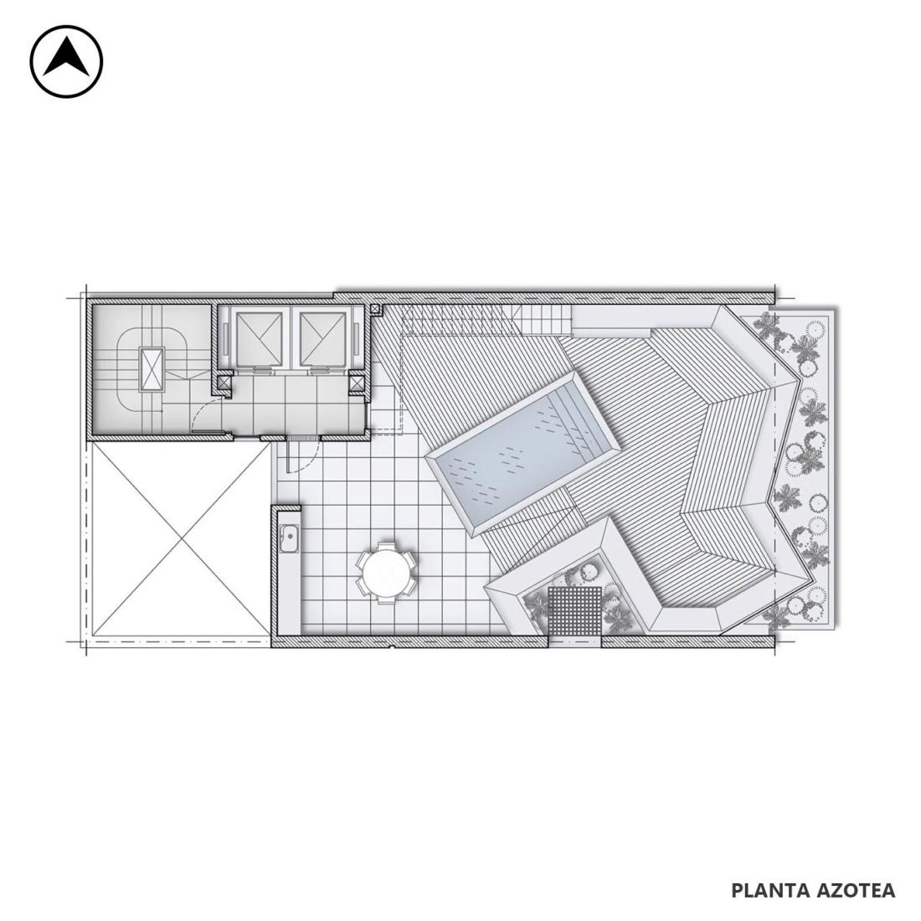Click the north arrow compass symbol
tap(66, 61)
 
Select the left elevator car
tap(259, 337)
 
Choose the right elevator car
tap(322, 337)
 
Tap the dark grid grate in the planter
tap(576, 610)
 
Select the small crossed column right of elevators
tap(356, 383)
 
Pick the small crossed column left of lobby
tap(224, 383)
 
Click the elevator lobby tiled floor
tap(293, 404)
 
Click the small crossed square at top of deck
tap(376, 308)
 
